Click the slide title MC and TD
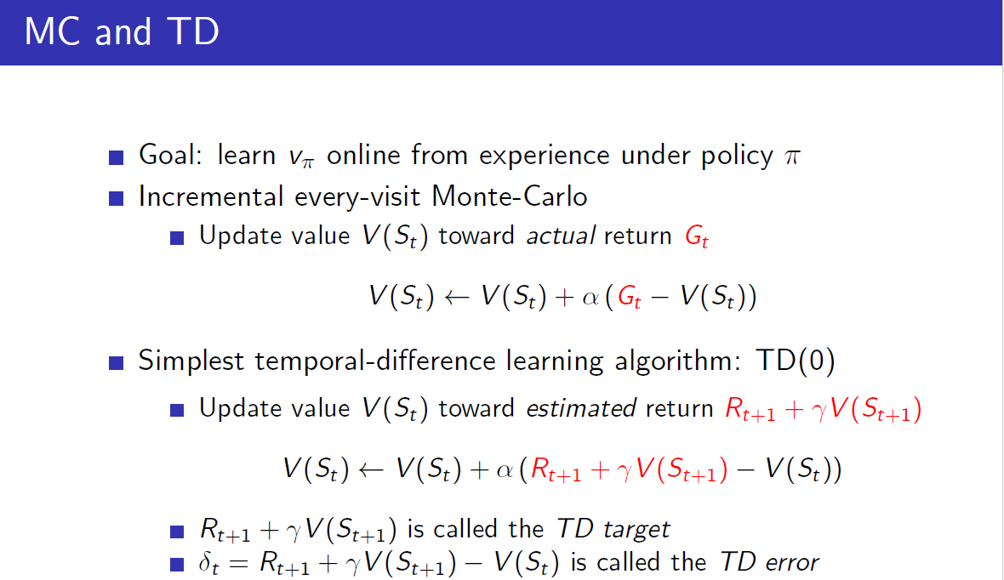point(122,31)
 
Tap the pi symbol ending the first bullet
point(791,157)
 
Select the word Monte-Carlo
point(510,196)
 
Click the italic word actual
point(562,236)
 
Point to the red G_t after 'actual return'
point(697,237)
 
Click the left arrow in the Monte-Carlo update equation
point(460,297)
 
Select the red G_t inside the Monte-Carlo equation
point(630,298)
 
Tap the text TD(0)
point(795,361)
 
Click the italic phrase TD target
point(613,529)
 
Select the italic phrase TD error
point(769,562)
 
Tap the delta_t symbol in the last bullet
point(209,563)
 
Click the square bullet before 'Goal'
point(117,157)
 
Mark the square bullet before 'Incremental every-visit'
point(117,198)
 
